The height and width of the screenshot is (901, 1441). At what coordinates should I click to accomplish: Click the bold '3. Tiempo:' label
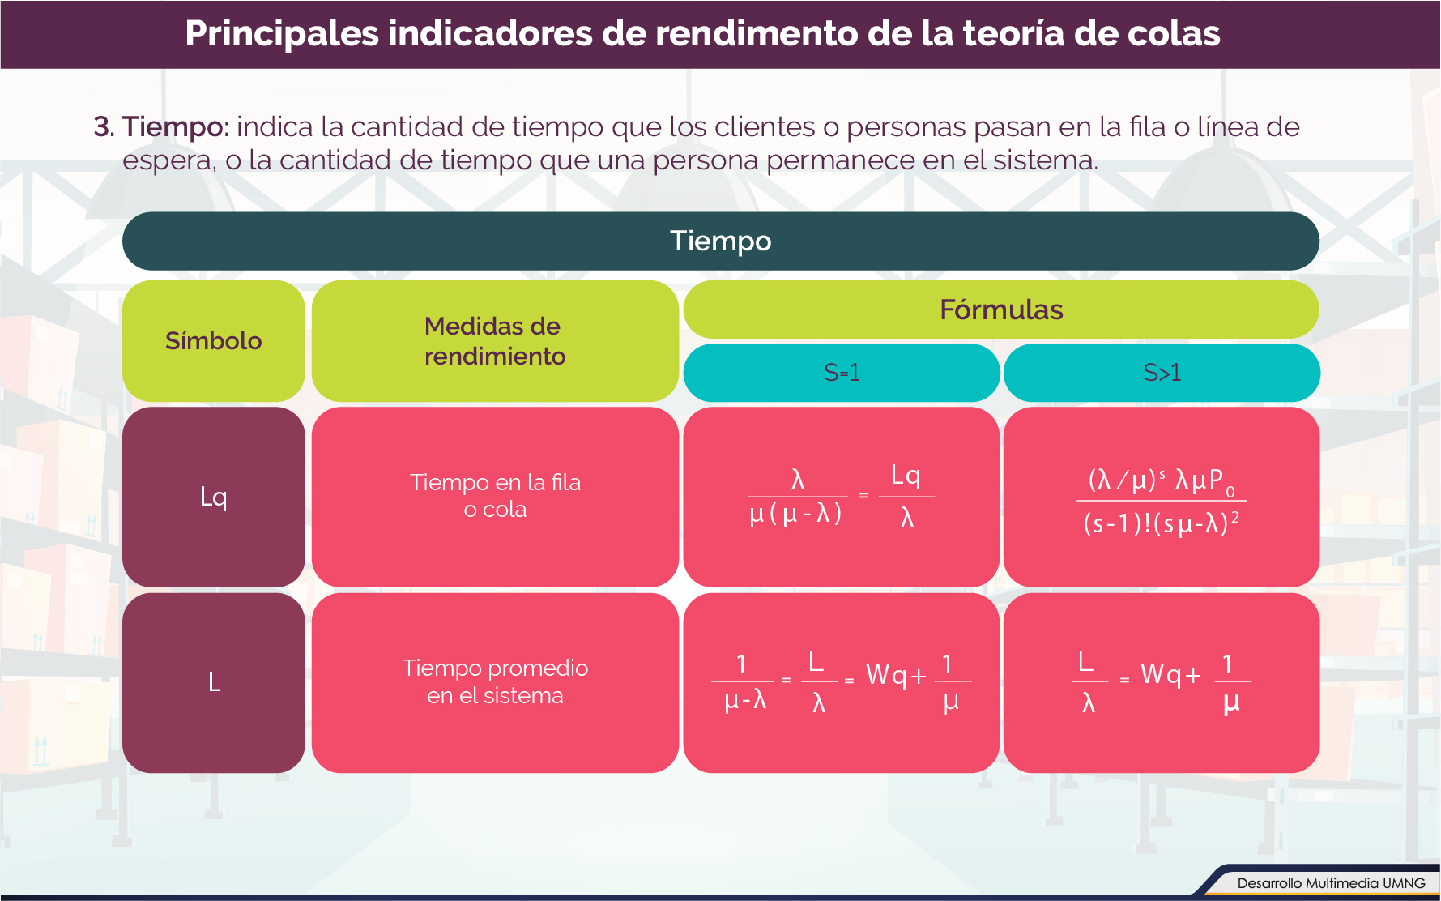[x=161, y=127]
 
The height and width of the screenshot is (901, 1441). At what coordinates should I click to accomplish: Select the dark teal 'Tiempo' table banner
[x=721, y=241]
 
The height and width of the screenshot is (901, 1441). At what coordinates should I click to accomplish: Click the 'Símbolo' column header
[x=214, y=341]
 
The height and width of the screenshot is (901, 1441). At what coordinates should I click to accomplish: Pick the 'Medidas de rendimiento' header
[x=495, y=341]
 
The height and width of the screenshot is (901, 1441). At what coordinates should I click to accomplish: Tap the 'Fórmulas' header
[x=1001, y=310]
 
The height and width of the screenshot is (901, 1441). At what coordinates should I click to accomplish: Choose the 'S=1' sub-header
[x=842, y=373]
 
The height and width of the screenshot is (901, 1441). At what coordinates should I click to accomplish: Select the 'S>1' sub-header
[x=1162, y=373]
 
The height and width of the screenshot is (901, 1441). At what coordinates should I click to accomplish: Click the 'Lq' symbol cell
[x=214, y=497]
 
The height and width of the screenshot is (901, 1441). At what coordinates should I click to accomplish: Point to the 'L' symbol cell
[x=214, y=683]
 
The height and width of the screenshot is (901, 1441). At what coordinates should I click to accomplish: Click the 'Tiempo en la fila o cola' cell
[x=495, y=497]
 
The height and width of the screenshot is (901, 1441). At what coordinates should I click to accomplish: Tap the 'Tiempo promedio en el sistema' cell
[x=495, y=683]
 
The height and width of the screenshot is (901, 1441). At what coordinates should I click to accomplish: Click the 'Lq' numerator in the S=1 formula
[x=906, y=476]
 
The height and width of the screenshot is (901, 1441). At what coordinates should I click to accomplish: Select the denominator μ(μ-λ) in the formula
[x=796, y=514]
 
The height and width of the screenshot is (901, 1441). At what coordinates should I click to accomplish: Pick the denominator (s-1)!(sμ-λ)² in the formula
[x=1162, y=523]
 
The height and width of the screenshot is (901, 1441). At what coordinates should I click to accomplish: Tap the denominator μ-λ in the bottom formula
[x=745, y=700]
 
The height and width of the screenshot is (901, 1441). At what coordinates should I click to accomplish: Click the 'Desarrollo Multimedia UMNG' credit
[x=1331, y=883]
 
